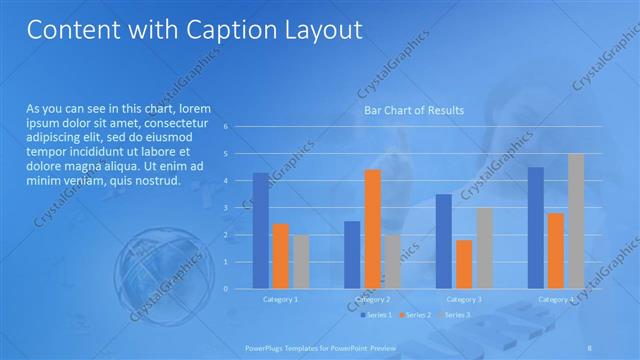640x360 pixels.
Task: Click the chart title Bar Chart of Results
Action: (413, 110)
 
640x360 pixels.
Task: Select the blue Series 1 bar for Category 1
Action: (261, 230)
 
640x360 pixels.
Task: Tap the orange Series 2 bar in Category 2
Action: (372, 229)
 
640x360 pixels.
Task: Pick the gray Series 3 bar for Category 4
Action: (576, 221)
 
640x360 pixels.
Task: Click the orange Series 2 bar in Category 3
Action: (464, 264)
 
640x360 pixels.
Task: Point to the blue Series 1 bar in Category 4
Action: (536, 227)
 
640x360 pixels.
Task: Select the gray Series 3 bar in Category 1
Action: (301, 261)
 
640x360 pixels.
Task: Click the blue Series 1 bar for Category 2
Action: (352, 254)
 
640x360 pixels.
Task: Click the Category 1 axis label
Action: (280, 299)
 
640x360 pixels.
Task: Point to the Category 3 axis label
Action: (464, 299)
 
